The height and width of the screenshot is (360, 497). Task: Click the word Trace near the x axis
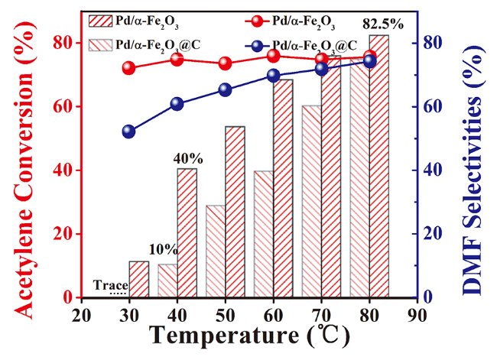tap(110, 285)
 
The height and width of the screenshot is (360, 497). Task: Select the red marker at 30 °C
tap(128, 68)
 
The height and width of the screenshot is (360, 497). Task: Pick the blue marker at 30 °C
tap(128, 131)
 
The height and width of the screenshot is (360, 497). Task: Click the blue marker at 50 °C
tap(225, 89)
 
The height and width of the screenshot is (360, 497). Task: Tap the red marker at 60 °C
tap(273, 56)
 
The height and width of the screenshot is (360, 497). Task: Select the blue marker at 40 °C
tap(177, 104)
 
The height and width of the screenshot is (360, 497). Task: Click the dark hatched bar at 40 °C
tap(187, 233)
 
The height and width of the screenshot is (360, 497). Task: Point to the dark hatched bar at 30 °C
tap(138, 279)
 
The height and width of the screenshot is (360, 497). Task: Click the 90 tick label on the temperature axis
tap(417, 316)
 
